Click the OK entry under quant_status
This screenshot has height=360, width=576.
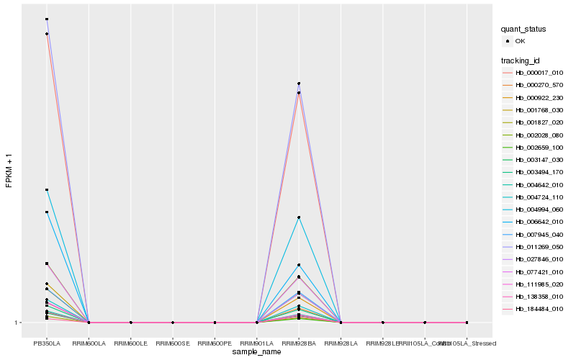(520, 41)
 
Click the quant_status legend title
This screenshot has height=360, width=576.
(523, 29)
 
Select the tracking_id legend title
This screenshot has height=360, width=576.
(521, 60)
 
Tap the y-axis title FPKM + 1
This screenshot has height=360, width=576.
(9, 170)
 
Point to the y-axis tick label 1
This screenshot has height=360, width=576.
(17, 323)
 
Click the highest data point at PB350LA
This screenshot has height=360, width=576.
(47, 19)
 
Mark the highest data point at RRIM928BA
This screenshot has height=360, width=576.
(299, 84)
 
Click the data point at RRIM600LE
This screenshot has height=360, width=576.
(131, 323)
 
